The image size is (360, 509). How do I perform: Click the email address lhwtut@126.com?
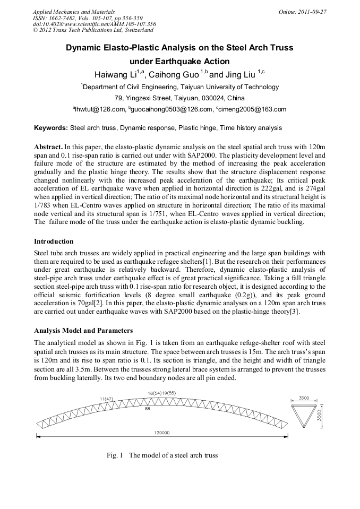(x=100, y=109)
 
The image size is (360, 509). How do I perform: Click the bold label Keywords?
(x=51, y=128)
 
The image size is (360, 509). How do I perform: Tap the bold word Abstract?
(x=48, y=146)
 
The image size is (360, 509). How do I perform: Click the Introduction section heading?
(x=54, y=241)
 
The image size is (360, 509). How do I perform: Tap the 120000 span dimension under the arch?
(x=162, y=433)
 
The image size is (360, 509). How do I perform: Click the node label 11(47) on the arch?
(x=106, y=398)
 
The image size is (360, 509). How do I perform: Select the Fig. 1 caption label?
(x=115, y=455)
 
